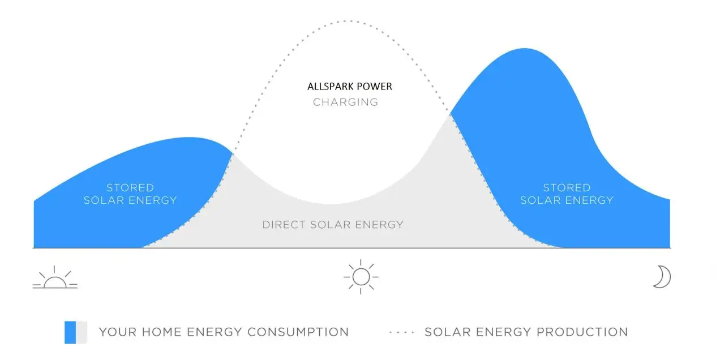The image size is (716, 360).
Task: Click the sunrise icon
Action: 55,278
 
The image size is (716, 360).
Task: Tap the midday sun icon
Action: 361,277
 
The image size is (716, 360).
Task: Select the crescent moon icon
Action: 662,277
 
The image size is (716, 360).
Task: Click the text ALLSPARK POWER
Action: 349,87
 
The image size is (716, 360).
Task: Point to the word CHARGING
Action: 345,102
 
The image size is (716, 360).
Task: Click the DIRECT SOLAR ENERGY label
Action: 333,225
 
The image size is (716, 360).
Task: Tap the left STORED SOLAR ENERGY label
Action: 130,194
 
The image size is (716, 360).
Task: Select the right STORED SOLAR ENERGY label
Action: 567,194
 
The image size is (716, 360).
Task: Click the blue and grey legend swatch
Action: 76,332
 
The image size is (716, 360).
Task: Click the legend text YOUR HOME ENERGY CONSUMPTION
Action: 224,332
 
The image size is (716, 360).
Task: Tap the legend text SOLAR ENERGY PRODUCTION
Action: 526,332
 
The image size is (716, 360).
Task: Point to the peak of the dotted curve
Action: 348,21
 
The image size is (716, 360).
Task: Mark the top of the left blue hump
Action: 192,138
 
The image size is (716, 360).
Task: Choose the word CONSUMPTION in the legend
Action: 298,332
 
